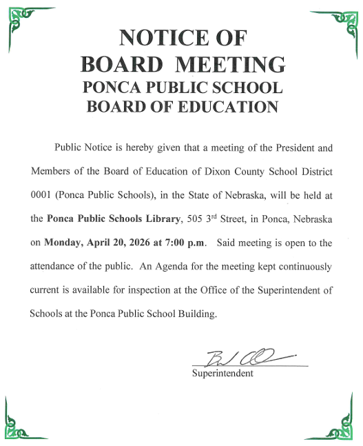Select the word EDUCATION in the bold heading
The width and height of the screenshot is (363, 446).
[225, 107]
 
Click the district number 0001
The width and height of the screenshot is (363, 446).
[41, 195]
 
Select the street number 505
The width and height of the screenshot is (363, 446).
[196, 219]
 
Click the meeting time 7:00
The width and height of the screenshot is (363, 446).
[169, 243]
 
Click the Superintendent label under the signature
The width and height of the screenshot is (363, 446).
[222, 374]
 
